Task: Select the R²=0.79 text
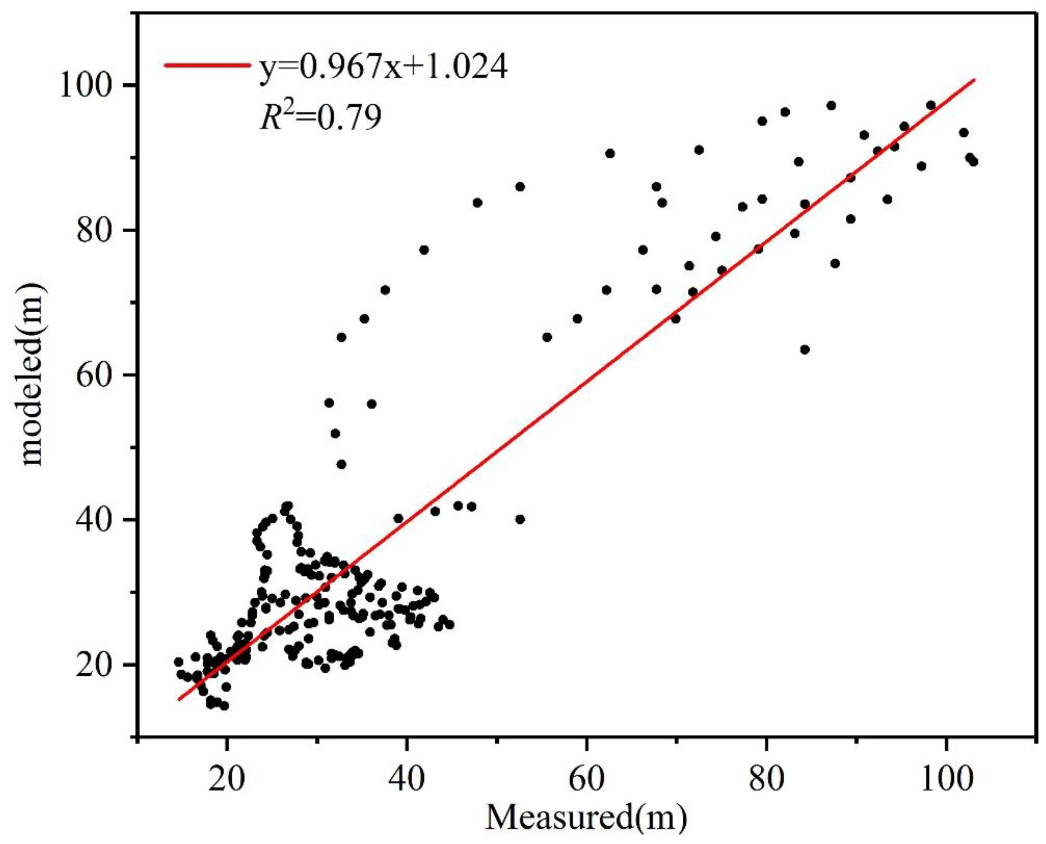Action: coord(320,118)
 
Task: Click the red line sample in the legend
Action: coord(207,65)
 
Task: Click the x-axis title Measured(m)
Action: coord(586,818)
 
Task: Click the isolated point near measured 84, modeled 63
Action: coord(805,350)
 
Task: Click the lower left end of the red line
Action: coord(179,700)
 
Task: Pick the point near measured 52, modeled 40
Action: coord(520,519)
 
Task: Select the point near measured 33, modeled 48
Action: coord(341,464)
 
